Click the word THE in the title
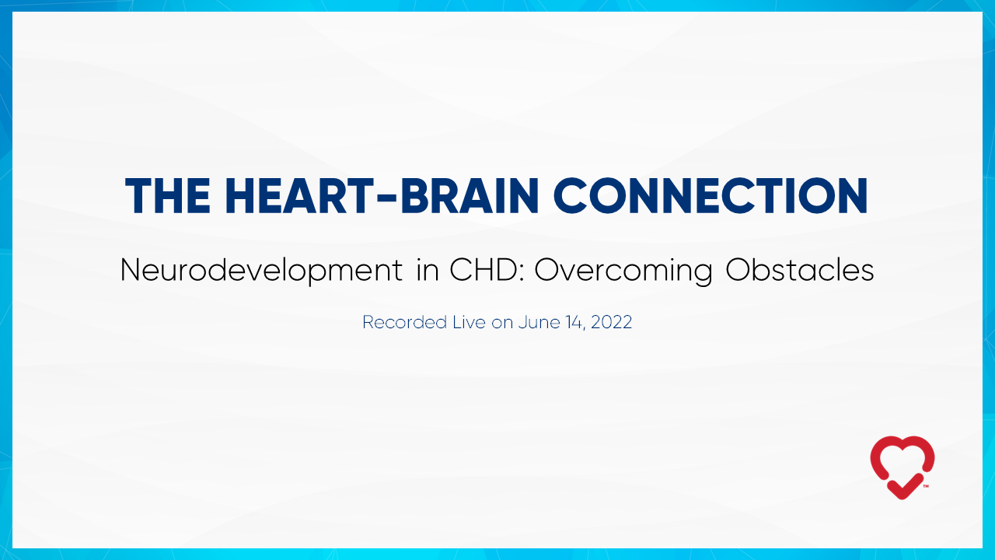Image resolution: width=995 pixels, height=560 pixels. (x=168, y=196)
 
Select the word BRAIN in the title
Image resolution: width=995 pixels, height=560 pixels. (x=470, y=196)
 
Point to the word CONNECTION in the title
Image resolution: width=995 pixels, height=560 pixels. (x=710, y=196)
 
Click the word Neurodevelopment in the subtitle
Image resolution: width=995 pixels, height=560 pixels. (x=261, y=271)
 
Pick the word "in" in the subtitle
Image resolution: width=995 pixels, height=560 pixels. (x=428, y=269)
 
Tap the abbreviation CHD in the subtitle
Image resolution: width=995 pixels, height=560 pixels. (x=484, y=269)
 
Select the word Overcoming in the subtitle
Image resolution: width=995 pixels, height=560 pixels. (x=623, y=271)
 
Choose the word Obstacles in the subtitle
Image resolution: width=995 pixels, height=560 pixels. (x=800, y=269)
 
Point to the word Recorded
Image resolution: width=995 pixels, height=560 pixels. (x=405, y=322)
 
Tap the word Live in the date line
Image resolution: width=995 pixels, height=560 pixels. (x=469, y=322)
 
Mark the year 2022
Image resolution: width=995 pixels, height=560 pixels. (x=611, y=322)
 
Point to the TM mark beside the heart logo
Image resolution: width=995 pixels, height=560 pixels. (x=926, y=486)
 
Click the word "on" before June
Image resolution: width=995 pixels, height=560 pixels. (x=502, y=324)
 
